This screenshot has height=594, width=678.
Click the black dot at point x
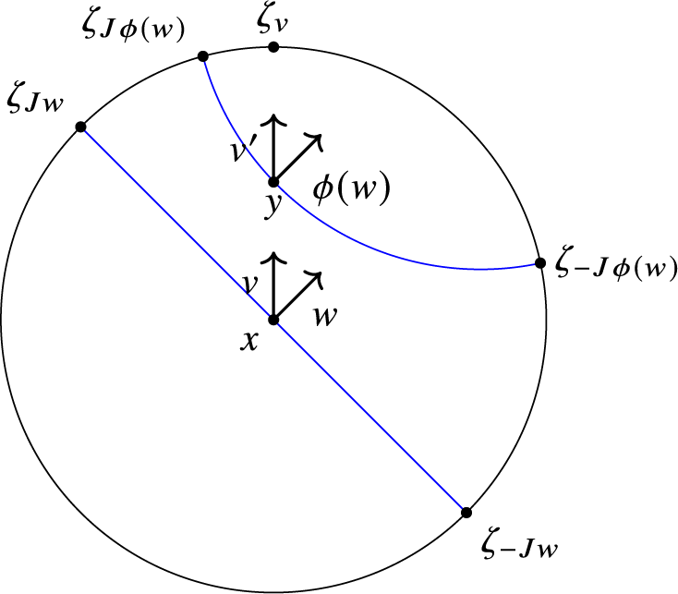click(x=273, y=320)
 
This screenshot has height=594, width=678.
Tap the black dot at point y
click(x=273, y=182)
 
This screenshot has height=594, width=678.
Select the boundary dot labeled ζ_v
click(x=273, y=45)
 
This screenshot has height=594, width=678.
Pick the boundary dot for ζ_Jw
click(x=80, y=127)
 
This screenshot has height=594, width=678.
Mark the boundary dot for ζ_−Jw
click(x=466, y=512)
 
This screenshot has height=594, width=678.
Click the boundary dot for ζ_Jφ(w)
click(x=202, y=57)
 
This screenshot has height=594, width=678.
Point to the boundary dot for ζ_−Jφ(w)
click(x=539, y=264)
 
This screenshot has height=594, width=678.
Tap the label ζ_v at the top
click(x=273, y=21)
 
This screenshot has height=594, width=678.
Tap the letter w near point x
click(x=323, y=314)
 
